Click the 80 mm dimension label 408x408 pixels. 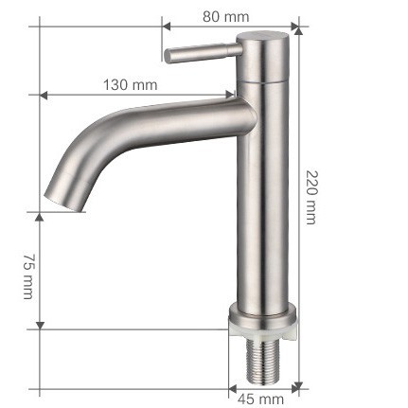[x=225, y=15]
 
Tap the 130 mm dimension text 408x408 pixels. [x=130, y=85]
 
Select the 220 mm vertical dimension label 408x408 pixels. [x=310, y=196]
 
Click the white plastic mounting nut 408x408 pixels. [x=260, y=327]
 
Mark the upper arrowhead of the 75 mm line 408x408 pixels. [x=41, y=216]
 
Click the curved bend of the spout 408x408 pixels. [x=90, y=142]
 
